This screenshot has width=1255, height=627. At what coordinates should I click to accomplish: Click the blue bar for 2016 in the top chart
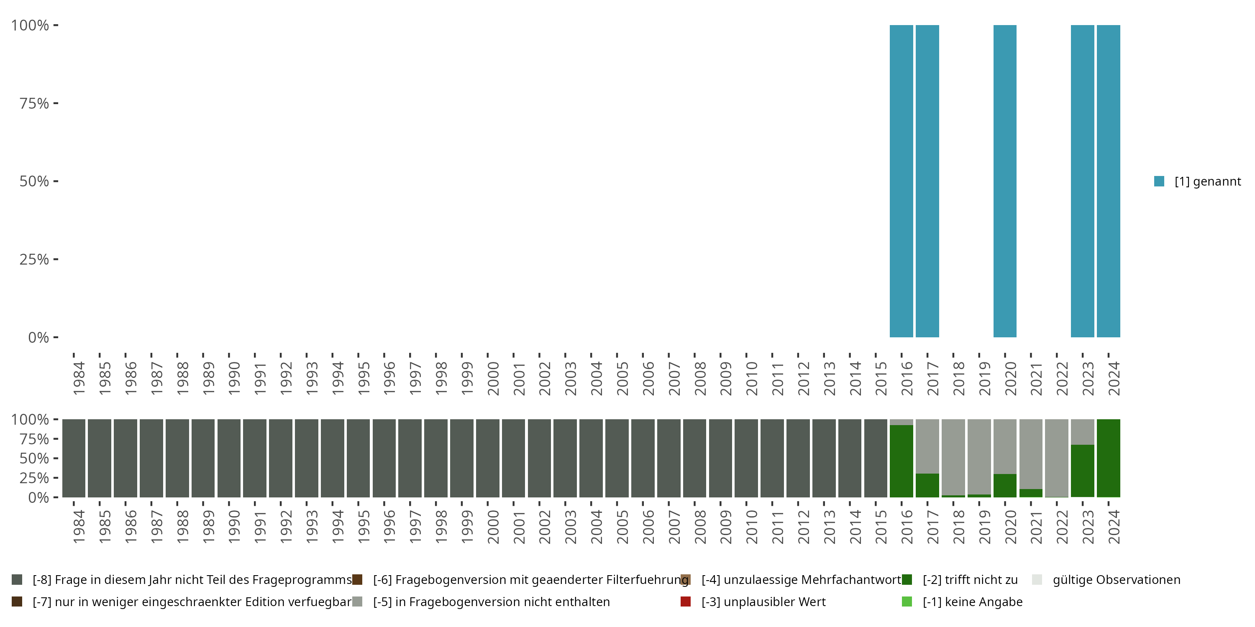click(x=902, y=181)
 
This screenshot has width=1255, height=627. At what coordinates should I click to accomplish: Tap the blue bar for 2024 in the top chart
click(x=1108, y=181)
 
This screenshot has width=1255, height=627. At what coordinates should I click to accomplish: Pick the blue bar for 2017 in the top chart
click(x=927, y=181)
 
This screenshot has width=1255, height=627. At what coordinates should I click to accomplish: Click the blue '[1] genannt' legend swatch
click(x=1159, y=181)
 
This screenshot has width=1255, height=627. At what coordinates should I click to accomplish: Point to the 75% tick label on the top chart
click(x=34, y=103)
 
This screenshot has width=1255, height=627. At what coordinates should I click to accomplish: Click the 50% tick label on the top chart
click(x=34, y=181)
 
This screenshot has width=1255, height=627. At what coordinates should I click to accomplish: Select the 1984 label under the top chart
click(x=79, y=378)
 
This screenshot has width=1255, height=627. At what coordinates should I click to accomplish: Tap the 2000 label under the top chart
click(x=493, y=378)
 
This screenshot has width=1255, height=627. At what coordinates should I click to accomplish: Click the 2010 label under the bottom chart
click(x=752, y=527)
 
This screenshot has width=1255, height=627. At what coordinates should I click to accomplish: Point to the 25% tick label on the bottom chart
click(x=34, y=477)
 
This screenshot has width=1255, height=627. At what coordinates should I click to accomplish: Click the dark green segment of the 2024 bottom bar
click(x=1108, y=458)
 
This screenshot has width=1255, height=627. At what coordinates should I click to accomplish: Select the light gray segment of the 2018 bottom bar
click(x=953, y=456)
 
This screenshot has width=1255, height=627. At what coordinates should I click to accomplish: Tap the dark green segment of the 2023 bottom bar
click(x=1083, y=471)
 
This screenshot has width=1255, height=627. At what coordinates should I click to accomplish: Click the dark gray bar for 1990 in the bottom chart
click(x=229, y=458)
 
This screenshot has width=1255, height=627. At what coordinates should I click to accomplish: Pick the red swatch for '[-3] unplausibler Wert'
click(x=686, y=602)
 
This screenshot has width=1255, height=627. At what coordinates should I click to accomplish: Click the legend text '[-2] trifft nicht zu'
click(x=970, y=580)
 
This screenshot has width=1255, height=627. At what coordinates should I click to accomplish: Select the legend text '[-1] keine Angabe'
click(x=973, y=602)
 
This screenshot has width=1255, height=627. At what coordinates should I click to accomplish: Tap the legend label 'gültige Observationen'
click(x=1116, y=580)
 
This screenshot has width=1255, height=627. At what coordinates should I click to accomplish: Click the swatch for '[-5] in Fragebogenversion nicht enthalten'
click(x=358, y=602)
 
